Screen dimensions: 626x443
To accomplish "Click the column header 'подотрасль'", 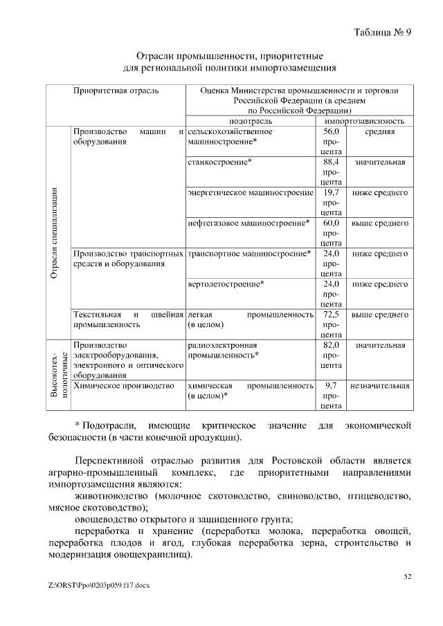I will (250, 120).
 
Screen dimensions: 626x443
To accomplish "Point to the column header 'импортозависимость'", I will (365, 120).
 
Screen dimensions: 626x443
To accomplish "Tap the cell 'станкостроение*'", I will (219, 162).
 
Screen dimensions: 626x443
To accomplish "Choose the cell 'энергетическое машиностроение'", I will (251, 192).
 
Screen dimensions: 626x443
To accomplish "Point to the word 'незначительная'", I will (379, 385).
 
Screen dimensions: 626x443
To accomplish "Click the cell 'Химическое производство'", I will (123, 385).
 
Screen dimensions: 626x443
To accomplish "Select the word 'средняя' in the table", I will (379, 131).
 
